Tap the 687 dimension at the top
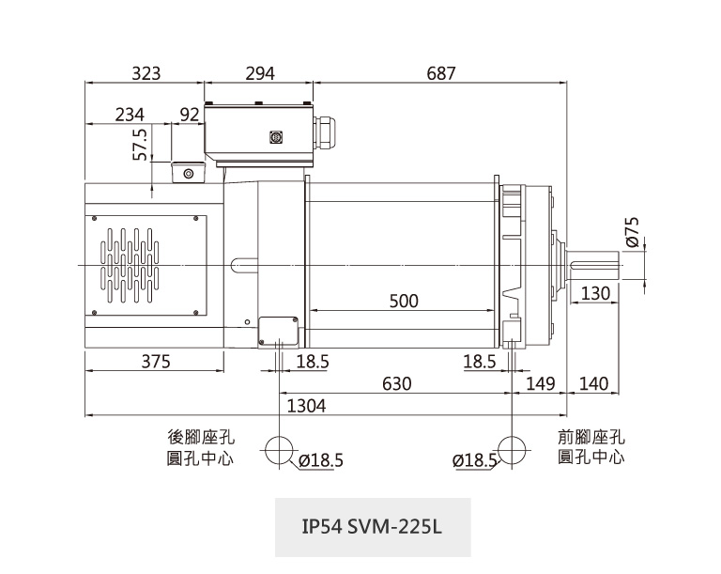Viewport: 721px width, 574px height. coord(440,73)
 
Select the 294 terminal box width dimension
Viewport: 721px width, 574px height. coord(259,73)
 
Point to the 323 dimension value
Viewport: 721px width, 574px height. coord(146,73)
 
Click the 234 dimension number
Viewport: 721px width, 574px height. coord(130,115)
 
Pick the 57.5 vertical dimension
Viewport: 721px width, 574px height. coord(141,145)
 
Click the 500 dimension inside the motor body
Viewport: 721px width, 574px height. coord(404,302)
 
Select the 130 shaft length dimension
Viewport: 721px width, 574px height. coord(595,294)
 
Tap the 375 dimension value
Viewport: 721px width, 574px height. coord(155,362)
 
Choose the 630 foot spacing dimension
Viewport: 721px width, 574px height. coord(396,383)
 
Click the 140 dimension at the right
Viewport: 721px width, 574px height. coord(594,383)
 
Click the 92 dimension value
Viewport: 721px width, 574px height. coord(189,115)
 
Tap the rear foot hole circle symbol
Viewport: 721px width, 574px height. coord(280,450)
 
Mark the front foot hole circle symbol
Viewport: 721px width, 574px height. coord(512,450)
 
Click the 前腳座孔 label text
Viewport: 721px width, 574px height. coord(591,438)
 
